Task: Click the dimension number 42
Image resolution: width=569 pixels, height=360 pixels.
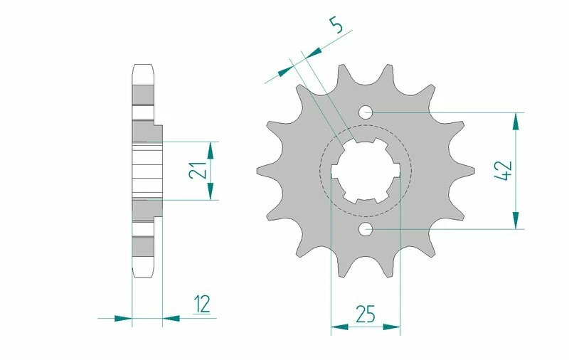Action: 504,171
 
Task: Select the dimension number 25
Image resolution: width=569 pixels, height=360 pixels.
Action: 366,314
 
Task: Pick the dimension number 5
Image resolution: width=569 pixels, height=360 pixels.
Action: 337,27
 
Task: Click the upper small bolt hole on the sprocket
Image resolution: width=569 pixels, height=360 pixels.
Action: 366,112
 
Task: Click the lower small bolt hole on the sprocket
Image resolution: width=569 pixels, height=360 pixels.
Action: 366,229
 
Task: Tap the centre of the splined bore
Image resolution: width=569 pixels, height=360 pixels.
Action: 366,171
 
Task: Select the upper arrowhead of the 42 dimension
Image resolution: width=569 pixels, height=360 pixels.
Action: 517,120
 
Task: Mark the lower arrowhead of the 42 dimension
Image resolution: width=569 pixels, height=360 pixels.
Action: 517,221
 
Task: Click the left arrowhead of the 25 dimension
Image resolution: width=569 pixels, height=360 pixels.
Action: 339,327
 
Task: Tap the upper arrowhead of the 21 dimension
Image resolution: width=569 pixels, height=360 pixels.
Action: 210,149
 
